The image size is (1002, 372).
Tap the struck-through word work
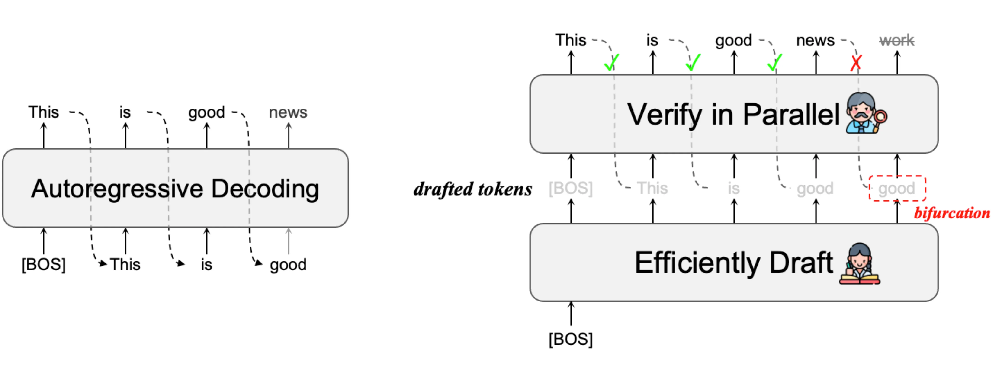pos(897,40)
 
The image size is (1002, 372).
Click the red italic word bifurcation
pos(952,213)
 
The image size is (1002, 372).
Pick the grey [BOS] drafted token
pos(571,188)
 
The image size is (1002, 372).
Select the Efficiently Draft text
pos(733,263)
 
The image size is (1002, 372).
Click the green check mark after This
pos(611,62)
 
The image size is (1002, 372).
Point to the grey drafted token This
pos(652,188)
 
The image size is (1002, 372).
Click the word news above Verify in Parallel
pos(815,40)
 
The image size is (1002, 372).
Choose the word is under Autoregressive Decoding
pos(206,265)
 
